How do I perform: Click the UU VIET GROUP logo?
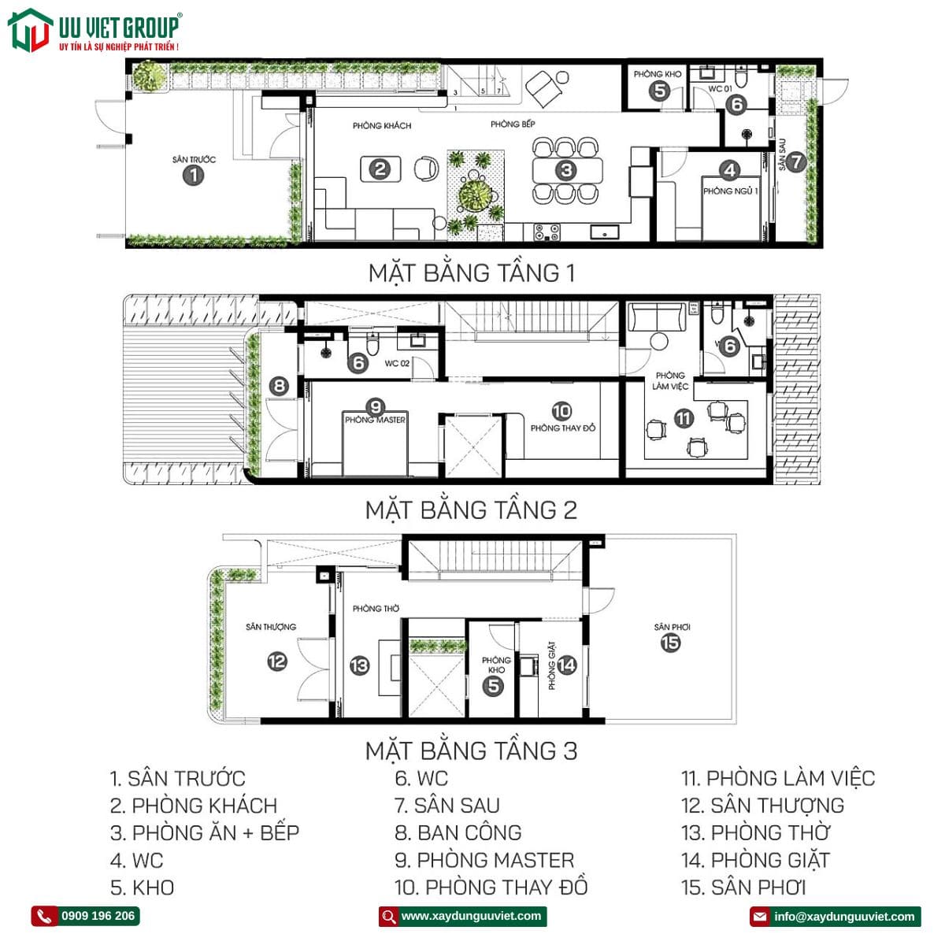[94, 30]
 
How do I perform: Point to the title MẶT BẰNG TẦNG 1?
[472, 273]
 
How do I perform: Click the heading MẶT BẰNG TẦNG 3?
[472, 750]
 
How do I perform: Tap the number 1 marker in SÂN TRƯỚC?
[193, 175]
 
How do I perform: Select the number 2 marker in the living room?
[380, 169]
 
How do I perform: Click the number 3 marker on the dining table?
[566, 170]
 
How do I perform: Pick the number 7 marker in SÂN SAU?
[797, 161]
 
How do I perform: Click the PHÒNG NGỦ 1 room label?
[731, 191]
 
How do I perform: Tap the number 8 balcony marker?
[279, 386]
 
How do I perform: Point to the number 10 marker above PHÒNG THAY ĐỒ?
[561, 411]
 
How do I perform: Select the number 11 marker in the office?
[683, 419]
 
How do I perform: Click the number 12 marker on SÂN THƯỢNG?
[276, 661]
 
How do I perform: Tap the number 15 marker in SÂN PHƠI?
[670, 643]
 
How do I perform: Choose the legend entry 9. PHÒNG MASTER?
[484, 860]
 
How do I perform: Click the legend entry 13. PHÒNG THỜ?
[756, 832]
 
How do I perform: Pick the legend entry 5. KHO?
[143, 888]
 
